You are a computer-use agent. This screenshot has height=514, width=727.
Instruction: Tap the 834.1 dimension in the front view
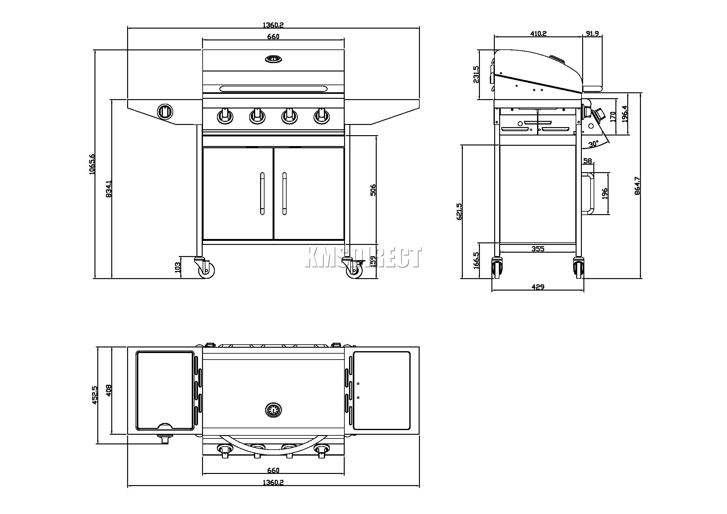tap(108, 189)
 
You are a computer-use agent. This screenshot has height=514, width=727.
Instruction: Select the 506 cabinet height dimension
tap(373, 190)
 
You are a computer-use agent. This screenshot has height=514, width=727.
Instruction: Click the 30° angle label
tap(593, 144)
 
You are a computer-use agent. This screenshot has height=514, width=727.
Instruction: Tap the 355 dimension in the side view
tap(538, 249)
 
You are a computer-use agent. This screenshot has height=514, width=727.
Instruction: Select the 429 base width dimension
tap(538, 287)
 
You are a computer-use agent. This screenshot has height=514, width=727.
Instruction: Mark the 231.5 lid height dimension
tap(476, 74)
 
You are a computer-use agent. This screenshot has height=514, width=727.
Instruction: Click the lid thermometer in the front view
tap(273, 59)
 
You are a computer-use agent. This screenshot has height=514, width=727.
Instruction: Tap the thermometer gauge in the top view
tap(273, 411)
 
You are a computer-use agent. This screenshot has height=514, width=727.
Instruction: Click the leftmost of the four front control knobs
tap(225, 116)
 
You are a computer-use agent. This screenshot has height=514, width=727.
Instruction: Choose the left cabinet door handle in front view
tap(262, 193)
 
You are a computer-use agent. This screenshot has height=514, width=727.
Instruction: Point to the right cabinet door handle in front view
tap(284, 193)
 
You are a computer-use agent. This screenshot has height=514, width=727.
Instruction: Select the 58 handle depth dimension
tap(587, 161)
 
